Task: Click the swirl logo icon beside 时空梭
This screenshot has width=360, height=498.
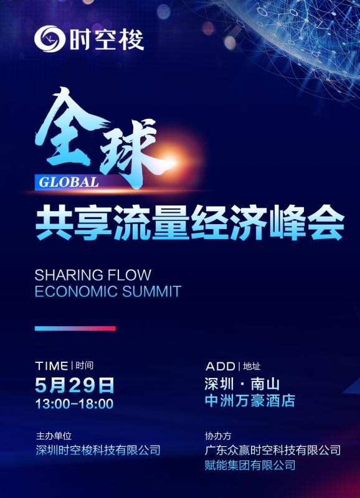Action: click(x=50, y=39)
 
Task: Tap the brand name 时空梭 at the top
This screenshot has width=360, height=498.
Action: click(x=107, y=39)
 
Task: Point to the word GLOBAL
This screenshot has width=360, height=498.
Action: click(x=69, y=182)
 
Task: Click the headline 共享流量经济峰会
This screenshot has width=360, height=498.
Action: click(x=190, y=222)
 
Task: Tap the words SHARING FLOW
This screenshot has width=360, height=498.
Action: click(x=93, y=275)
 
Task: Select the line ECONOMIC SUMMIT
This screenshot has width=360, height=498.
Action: click(x=108, y=291)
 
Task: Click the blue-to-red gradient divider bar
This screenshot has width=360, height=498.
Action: click(x=75, y=329)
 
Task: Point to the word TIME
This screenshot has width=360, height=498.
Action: click(x=52, y=366)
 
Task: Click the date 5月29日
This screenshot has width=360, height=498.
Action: click(x=74, y=385)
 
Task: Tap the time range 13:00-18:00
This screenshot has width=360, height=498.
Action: click(x=74, y=403)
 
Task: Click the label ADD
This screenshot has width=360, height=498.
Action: click(x=220, y=366)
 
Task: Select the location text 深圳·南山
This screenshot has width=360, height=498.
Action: click(x=242, y=384)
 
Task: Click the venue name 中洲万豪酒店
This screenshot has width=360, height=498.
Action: click(x=250, y=400)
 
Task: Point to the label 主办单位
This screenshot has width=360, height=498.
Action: click(x=54, y=436)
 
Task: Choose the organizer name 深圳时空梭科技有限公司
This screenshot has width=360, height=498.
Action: click(x=98, y=450)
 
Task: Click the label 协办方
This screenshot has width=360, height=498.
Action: click(x=218, y=436)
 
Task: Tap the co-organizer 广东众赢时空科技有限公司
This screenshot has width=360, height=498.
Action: click(x=273, y=450)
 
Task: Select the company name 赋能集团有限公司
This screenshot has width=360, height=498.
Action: click(x=250, y=465)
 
